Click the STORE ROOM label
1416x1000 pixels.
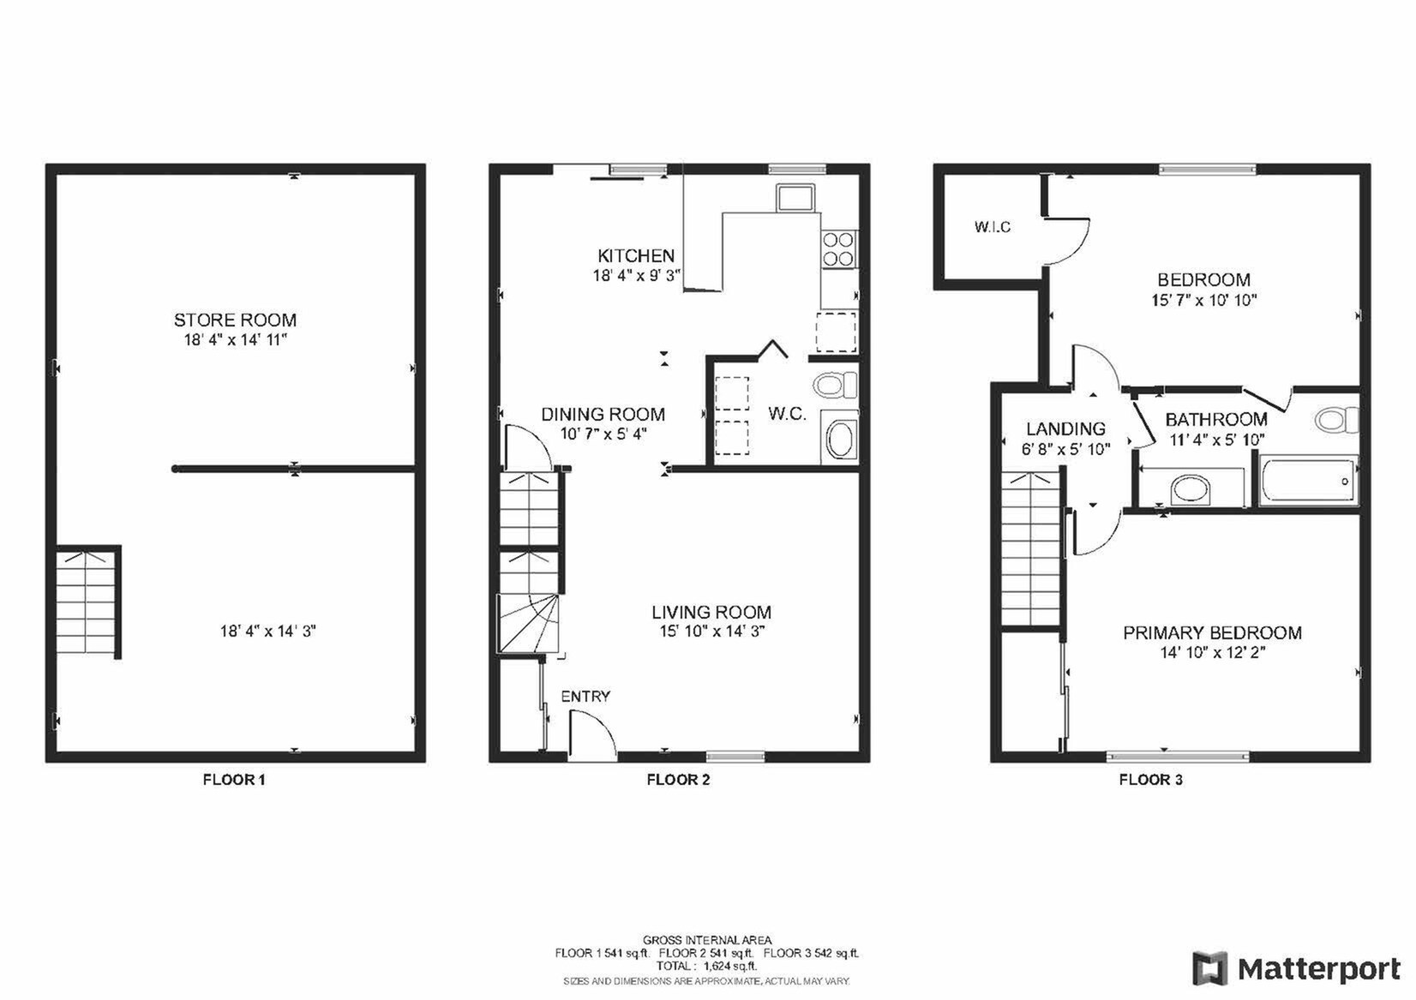point(235,320)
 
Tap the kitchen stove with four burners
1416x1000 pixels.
point(838,248)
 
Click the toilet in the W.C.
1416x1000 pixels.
point(834,385)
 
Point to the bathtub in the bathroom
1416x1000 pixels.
point(1307,482)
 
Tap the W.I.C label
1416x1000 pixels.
point(992,227)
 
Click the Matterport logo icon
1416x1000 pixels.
point(1209,968)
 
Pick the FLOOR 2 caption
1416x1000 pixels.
point(677,780)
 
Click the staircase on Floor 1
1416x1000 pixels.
point(86,602)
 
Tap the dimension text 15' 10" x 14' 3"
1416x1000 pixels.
point(711,632)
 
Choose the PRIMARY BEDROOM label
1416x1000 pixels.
point(1212,632)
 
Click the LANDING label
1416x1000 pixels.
point(1065,428)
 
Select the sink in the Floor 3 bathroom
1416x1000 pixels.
point(1190,490)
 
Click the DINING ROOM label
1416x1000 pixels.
point(603,414)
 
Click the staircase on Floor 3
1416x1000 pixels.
point(1032,548)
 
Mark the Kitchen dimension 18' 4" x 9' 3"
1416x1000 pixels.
point(636,275)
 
